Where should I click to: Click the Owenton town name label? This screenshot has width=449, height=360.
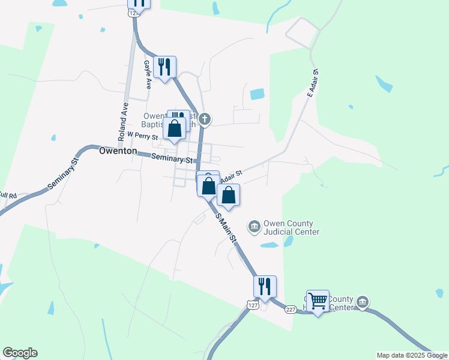(x=118, y=152)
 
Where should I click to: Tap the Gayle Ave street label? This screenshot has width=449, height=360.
(x=147, y=74)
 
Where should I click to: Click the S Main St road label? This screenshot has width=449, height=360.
(x=226, y=229)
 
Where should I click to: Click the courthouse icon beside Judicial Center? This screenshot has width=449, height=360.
(x=254, y=226)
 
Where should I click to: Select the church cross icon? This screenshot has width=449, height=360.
(x=205, y=119)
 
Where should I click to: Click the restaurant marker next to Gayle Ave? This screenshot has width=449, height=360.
(x=164, y=66)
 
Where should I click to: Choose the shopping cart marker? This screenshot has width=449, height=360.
(x=318, y=301)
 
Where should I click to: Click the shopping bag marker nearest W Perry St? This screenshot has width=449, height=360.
(x=174, y=128)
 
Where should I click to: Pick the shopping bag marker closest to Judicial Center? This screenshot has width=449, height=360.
(x=228, y=195)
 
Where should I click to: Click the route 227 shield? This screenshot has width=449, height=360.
(x=291, y=310)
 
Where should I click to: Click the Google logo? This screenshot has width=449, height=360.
(x=20, y=353)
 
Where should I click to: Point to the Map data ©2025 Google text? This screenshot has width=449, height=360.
(x=412, y=355)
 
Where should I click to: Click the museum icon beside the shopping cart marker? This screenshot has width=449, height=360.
(x=362, y=301)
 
